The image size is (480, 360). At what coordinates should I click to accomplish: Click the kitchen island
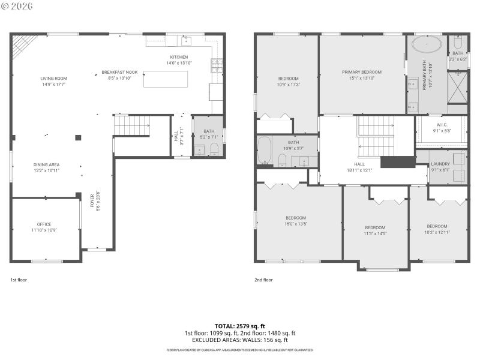tap(165, 79)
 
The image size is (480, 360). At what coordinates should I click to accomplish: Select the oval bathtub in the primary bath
tap(425, 46)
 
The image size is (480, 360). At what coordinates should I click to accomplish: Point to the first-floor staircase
tap(131, 125)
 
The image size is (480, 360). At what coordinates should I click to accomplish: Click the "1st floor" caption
tap(19, 280)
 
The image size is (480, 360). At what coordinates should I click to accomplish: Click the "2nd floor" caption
tap(263, 280)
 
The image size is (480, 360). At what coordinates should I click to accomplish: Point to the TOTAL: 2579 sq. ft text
tap(239, 326)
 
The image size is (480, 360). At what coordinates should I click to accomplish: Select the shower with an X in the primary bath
tap(457, 88)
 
